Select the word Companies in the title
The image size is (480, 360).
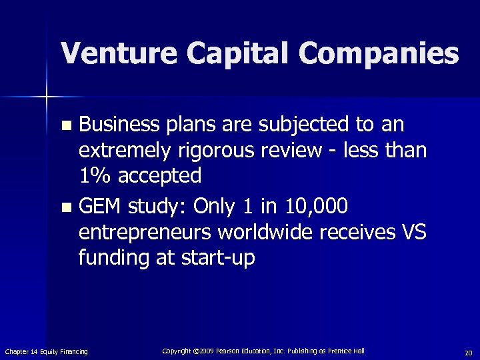[380, 53]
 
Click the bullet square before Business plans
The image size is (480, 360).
[65, 125]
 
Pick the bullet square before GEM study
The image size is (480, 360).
[65, 208]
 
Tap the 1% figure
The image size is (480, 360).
[93, 175]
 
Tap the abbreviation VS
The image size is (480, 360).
[411, 232]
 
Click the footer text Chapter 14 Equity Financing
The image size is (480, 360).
[46, 351]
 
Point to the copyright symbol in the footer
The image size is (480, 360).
[196, 351]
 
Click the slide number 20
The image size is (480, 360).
[468, 352]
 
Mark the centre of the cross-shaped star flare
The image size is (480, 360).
[47, 97]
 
